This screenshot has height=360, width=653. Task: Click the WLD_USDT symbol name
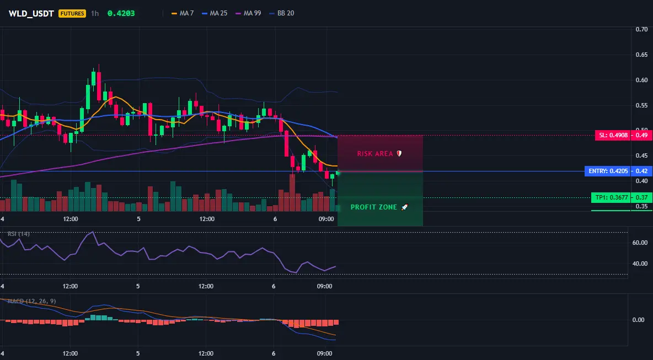click(31, 13)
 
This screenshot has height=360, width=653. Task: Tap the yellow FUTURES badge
click(72, 13)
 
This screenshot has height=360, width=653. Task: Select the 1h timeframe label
click(95, 13)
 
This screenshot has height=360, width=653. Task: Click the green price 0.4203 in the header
click(121, 13)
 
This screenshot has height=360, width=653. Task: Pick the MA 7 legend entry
click(183, 13)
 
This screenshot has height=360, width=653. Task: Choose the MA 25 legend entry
click(215, 13)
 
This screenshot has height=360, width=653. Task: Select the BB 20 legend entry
click(281, 13)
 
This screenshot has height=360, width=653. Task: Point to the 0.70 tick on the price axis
click(641, 29)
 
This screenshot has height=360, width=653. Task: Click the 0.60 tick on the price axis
click(641, 80)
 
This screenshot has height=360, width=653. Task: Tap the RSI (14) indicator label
click(18, 234)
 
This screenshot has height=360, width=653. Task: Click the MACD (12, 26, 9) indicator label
click(31, 301)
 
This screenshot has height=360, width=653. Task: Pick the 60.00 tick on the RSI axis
click(640, 243)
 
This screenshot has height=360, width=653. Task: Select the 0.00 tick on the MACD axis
click(639, 320)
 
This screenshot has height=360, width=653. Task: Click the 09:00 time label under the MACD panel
click(325, 353)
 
